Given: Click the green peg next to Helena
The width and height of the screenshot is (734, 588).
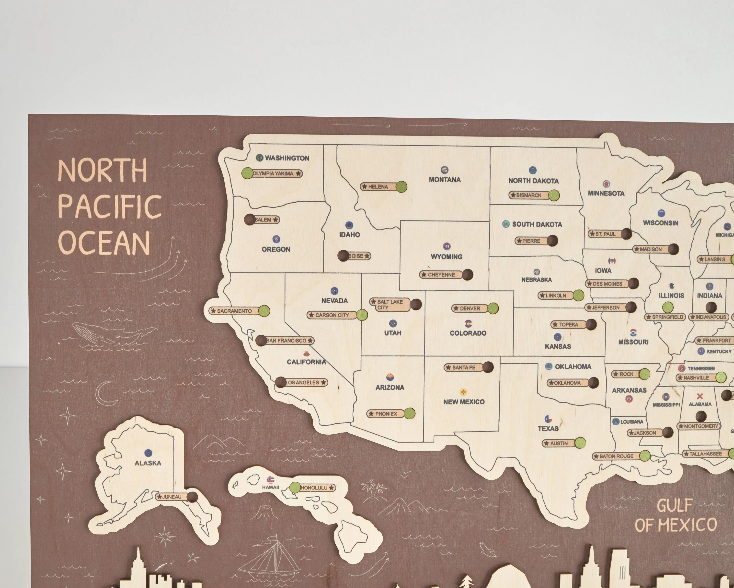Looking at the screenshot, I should pos(401,187).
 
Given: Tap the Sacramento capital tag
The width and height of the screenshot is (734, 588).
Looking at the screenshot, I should pos(234,311).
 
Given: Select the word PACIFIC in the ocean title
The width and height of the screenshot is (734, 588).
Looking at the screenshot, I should pos(110,207).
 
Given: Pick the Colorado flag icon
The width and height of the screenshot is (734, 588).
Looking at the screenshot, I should pos(469,323).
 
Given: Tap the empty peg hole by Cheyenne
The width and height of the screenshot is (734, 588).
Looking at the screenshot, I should pos(467,274).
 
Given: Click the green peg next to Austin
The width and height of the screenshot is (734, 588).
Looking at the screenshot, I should pos(580,443).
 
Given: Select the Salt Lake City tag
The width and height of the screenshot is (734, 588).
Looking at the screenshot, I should pos(390,304).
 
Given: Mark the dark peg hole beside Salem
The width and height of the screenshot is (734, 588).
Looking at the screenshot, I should pos(250,220).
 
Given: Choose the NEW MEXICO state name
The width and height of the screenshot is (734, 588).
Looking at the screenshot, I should pos(464,402).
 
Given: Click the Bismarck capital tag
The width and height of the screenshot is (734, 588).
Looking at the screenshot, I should pos(528,195).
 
